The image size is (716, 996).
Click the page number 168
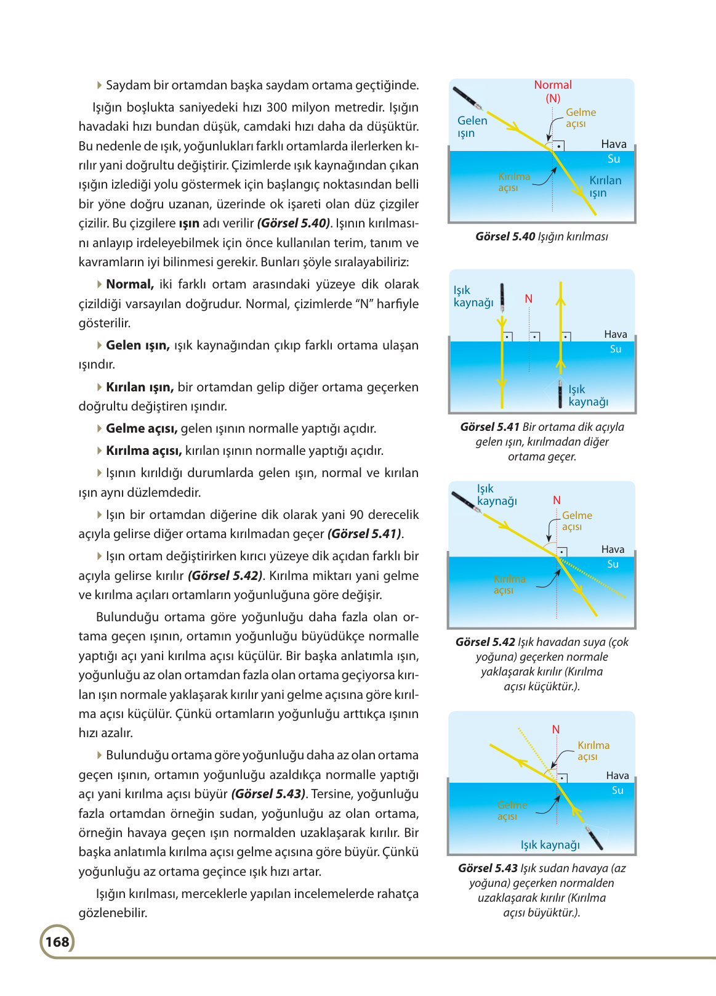[x=57, y=941]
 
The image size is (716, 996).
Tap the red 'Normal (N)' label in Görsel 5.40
[x=553, y=91]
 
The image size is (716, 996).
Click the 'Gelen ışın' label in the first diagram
[x=472, y=126]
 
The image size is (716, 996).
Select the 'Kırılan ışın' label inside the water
[x=605, y=186]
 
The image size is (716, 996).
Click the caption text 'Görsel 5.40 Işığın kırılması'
[x=541, y=237]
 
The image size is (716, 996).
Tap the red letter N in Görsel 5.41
[x=528, y=299]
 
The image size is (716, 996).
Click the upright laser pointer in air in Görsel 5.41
[x=502, y=297]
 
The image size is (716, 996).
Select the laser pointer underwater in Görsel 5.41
[x=560, y=393]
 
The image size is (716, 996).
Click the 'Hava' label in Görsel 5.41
[x=615, y=334]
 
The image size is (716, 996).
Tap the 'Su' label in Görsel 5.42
[x=613, y=564]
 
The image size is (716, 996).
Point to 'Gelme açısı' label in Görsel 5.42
[x=576, y=521]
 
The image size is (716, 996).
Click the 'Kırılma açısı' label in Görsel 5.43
[x=592, y=750]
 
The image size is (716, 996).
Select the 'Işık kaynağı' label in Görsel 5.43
[x=550, y=844]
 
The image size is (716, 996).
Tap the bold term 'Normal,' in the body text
[x=129, y=284]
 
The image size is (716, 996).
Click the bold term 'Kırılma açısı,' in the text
[x=143, y=451]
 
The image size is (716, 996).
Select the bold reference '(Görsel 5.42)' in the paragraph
[x=225, y=576]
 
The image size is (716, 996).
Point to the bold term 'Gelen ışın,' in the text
[x=137, y=345]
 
